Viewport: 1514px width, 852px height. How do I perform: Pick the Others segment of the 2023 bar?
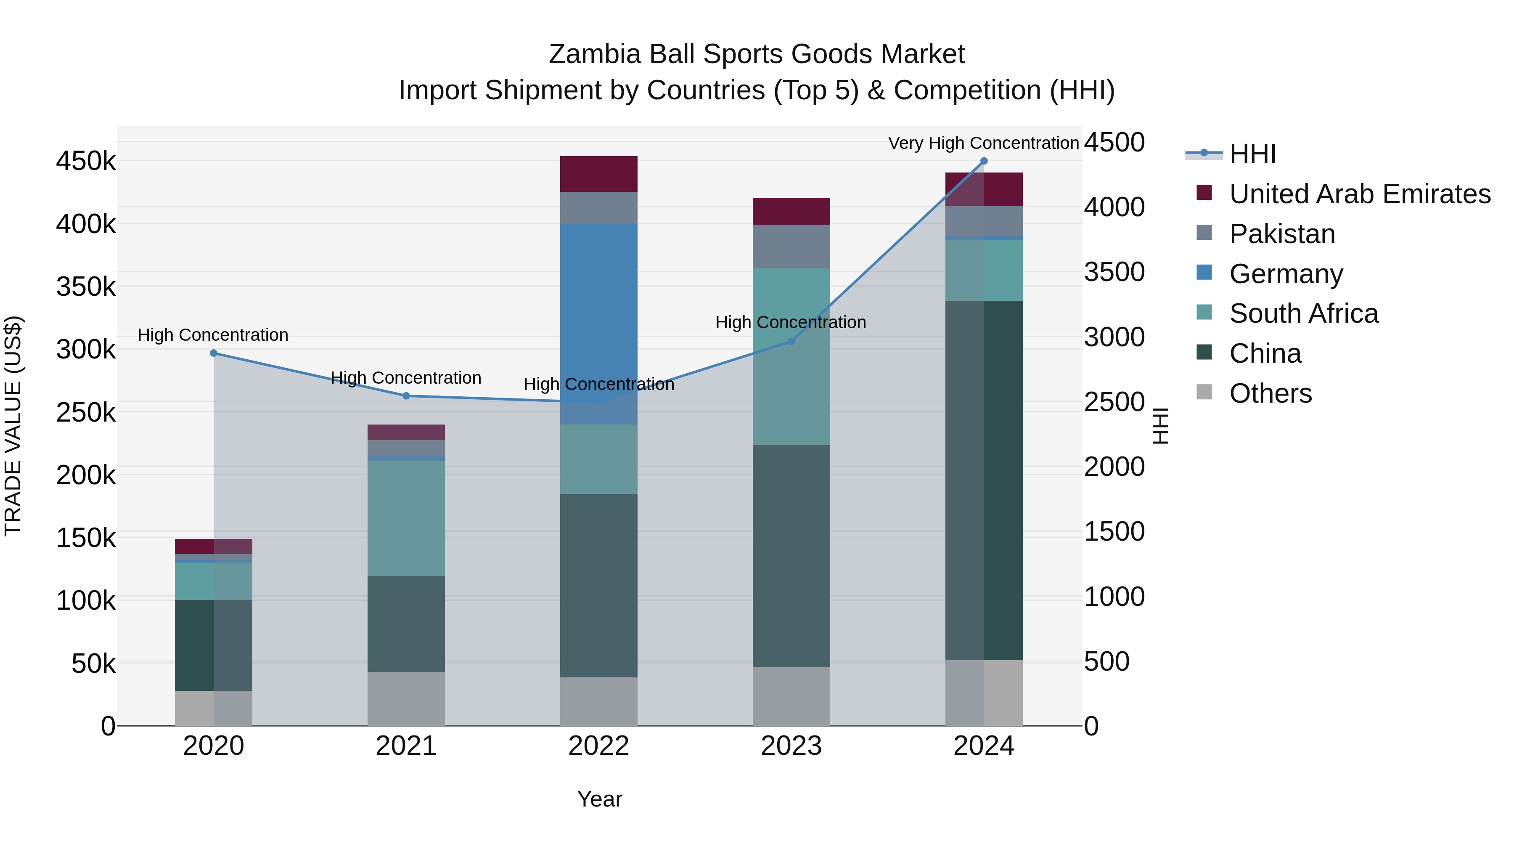[x=791, y=696]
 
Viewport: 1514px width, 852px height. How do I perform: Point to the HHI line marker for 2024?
[x=984, y=161]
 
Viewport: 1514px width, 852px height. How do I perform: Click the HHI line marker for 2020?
[x=213, y=353]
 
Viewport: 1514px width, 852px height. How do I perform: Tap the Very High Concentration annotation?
[x=983, y=143]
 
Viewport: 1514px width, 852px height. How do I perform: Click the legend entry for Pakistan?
[x=1282, y=234]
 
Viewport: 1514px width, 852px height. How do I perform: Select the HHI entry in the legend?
[x=1252, y=154]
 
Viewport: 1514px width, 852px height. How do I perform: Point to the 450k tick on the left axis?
[x=86, y=161]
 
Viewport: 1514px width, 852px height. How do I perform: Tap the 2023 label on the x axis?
[x=791, y=746]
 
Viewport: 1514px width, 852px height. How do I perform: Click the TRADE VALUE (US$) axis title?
[x=13, y=426]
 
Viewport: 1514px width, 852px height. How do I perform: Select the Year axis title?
[x=599, y=799]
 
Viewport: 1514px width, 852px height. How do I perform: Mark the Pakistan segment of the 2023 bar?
[x=791, y=247]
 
